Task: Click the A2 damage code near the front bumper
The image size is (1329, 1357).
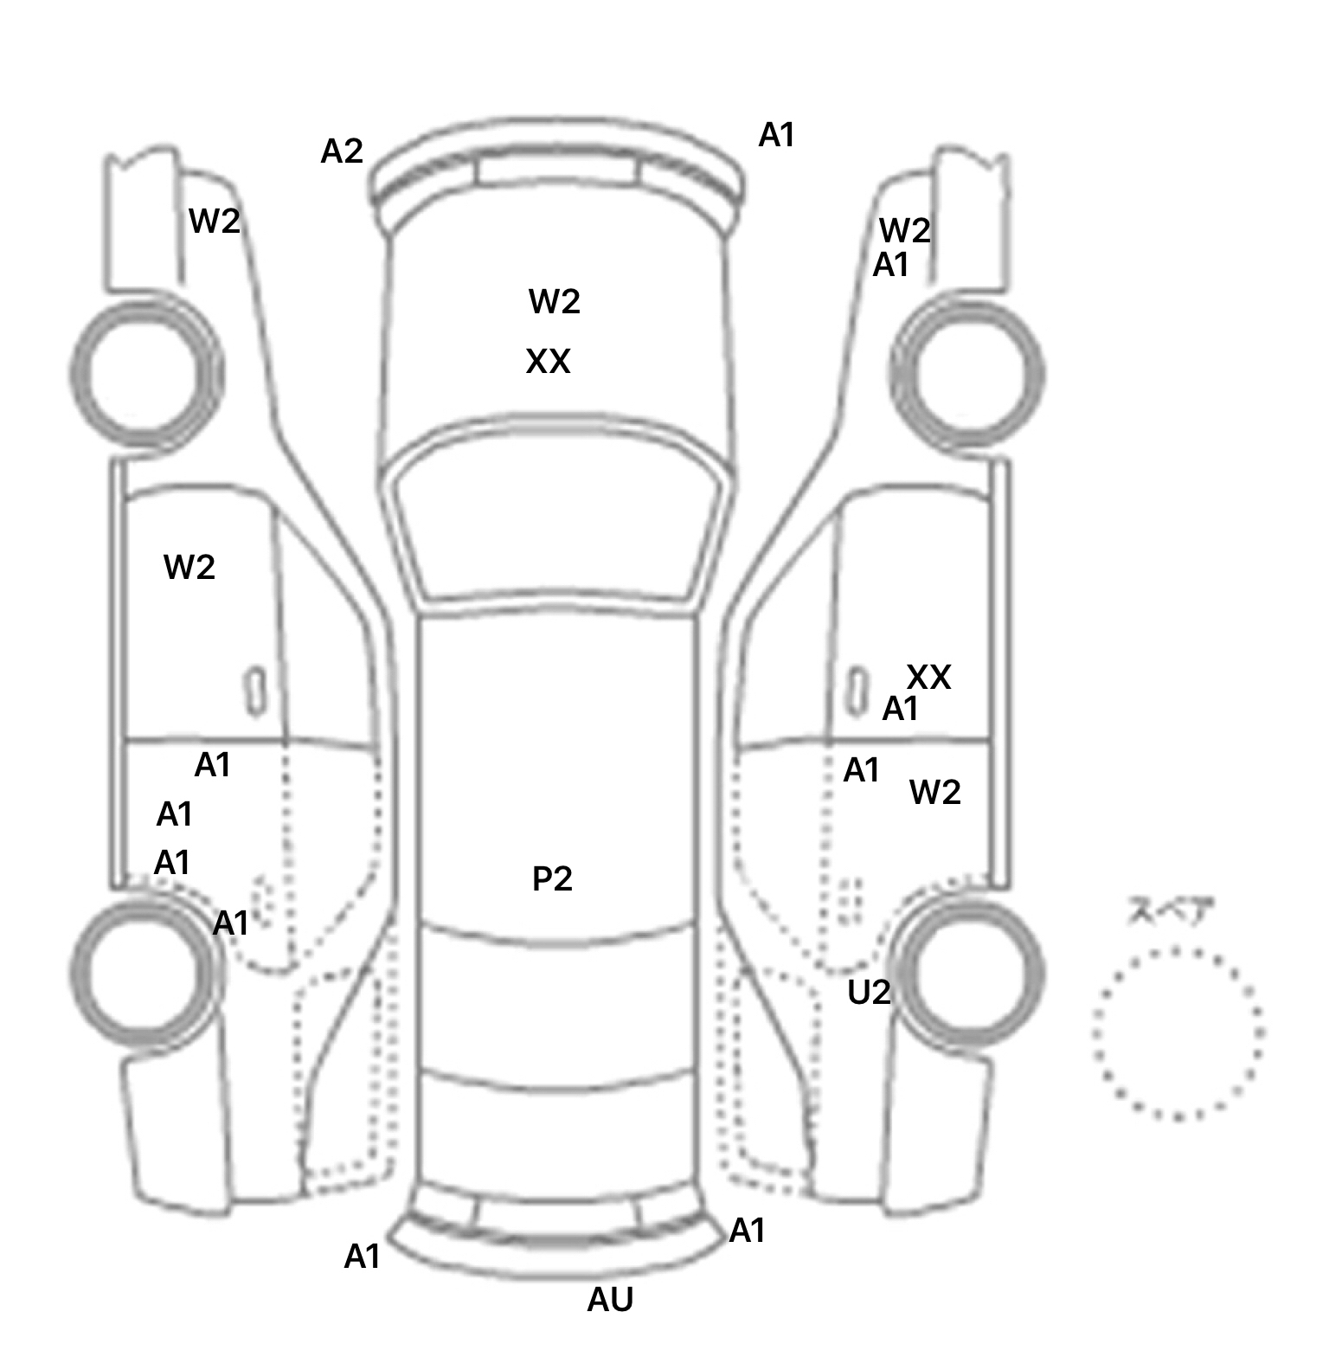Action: (x=342, y=152)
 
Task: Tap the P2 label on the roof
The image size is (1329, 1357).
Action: (x=552, y=879)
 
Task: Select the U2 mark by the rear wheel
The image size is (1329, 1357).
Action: (x=869, y=993)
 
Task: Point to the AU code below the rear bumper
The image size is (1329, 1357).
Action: (x=611, y=1300)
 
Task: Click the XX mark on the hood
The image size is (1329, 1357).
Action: (x=549, y=362)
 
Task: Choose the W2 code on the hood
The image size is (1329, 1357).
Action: (x=555, y=302)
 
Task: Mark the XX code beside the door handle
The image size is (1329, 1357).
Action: (x=928, y=678)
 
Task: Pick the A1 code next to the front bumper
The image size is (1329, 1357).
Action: (x=776, y=135)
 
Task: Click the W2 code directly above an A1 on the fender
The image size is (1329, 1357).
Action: (x=904, y=231)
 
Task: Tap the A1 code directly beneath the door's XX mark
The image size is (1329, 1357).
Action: (x=900, y=710)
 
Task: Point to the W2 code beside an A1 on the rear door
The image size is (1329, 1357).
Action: (x=935, y=793)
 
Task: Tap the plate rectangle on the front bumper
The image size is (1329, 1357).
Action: (x=557, y=170)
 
